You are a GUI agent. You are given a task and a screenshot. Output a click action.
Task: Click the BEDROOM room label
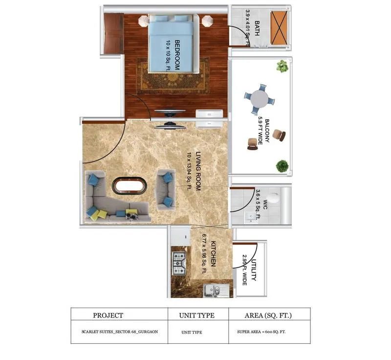point(177,55)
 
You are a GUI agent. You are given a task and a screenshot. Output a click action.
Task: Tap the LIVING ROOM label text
point(198,171)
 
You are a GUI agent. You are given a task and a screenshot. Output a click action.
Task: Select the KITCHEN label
point(213,254)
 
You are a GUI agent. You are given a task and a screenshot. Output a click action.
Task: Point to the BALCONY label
point(267,131)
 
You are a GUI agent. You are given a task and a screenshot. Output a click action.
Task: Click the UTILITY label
point(254,270)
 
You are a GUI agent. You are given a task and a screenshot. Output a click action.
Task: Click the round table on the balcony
point(260,99)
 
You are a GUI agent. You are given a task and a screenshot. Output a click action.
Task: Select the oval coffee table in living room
point(130,185)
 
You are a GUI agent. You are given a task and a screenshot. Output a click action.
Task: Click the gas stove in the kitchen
point(179,264)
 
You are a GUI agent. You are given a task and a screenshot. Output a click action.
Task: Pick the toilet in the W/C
point(273,198)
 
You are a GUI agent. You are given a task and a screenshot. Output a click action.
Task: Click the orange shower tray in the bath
point(279,28)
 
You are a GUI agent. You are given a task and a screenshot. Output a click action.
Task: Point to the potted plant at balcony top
point(282,66)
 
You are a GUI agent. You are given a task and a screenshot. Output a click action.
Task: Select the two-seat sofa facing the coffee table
point(166,189)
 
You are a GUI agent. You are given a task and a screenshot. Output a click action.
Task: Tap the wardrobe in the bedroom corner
point(114,33)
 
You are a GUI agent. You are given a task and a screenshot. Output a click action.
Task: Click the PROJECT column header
point(108,315)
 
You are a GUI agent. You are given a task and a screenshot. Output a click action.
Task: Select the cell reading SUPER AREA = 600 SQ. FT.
point(261,332)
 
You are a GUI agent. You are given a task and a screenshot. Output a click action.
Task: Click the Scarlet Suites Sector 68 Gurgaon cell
point(120,332)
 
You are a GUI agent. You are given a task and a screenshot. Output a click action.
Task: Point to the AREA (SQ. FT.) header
point(268,315)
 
